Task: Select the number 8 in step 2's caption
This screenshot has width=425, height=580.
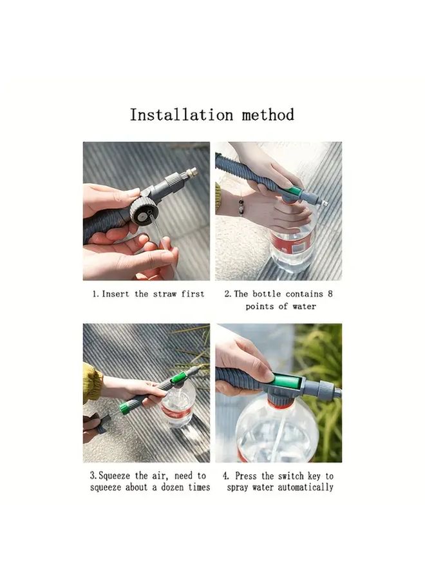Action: click(x=330, y=294)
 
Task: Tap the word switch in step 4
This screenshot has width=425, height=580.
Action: click(x=291, y=476)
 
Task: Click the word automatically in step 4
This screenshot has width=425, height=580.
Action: click(x=306, y=488)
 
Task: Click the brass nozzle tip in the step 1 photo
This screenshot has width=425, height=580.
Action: click(x=191, y=172)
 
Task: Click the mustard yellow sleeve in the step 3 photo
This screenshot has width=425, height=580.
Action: click(x=91, y=382)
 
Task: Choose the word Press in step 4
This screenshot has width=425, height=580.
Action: click(x=247, y=476)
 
